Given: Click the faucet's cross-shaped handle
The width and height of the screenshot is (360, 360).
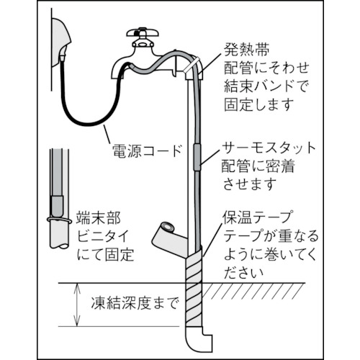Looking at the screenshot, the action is (143, 32).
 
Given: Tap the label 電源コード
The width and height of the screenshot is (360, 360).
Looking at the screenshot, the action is (147, 151).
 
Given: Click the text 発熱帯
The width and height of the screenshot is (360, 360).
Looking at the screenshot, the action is (246, 50).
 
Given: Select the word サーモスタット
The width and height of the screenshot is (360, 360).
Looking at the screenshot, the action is (269, 148).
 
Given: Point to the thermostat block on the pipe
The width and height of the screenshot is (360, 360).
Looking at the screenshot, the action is (197, 157).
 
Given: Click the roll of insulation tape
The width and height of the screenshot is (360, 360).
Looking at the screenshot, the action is (169, 236).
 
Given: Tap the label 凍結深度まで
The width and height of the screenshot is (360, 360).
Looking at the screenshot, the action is (135, 303).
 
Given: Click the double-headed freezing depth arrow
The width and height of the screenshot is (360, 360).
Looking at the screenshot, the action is (77, 305).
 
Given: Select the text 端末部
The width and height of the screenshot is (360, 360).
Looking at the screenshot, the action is (99, 217).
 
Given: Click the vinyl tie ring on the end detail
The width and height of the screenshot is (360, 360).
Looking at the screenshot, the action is (59, 220).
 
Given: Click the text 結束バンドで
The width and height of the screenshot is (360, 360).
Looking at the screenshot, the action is (266, 86).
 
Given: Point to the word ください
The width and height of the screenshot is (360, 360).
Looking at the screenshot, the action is (243, 273).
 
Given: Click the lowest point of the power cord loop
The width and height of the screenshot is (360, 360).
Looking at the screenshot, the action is (90, 124).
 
